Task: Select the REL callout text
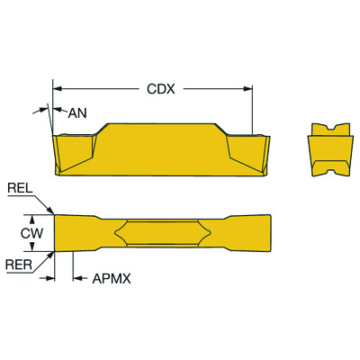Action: pyautogui.click(x=19, y=189)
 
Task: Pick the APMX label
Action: pyautogui.click(x=112, y=279)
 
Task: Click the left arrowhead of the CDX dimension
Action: pyautogui.click(x=57, y=89)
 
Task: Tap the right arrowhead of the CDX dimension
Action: pyautogui.click(x=251, y=89)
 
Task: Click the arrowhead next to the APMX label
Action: pyautogui.click(x=75, y=279)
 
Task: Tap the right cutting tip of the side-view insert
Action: pyautogui.click(x=266, y=135)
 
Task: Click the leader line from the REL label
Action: pyautogui.click(x=42, y=203)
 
